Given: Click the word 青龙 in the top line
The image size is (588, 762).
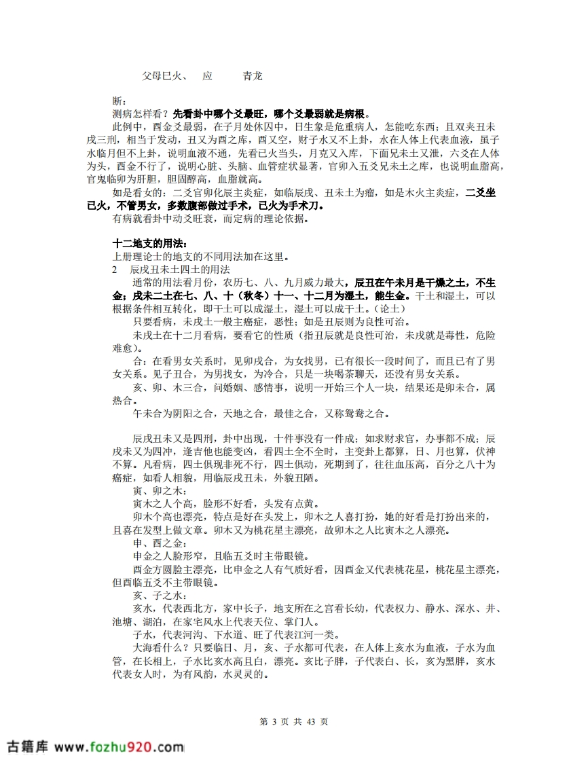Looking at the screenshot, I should click(253, 76).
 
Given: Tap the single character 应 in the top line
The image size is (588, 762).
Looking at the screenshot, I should click(208, 76).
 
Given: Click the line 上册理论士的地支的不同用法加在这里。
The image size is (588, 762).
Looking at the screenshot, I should click(200, 256).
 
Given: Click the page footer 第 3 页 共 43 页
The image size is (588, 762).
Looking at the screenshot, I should click(294, 721).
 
